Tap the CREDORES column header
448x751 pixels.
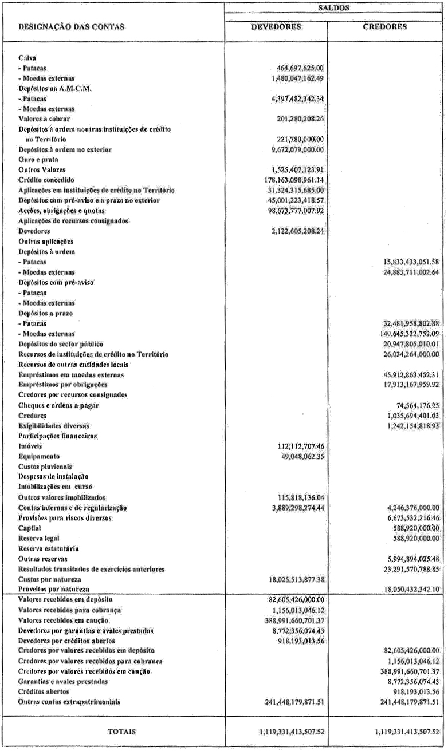385,26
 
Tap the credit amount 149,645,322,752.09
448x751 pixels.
403,333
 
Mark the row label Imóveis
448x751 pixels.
30,429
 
